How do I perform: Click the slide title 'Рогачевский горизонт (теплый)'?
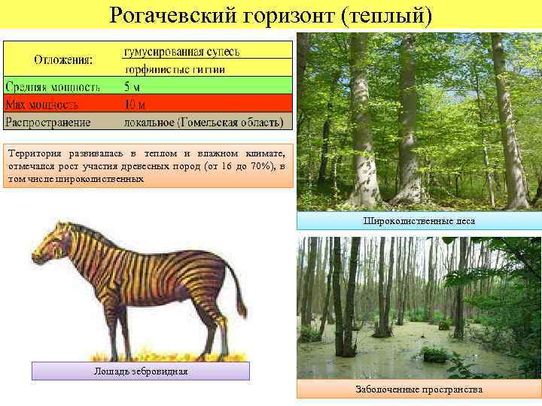[x=271, y=14]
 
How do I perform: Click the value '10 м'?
[x=136, y=104]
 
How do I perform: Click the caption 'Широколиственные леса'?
[x=419, y=220]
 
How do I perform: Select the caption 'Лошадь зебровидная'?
[x=141, y=371]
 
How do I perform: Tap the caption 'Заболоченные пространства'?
[x=419, y=389]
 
